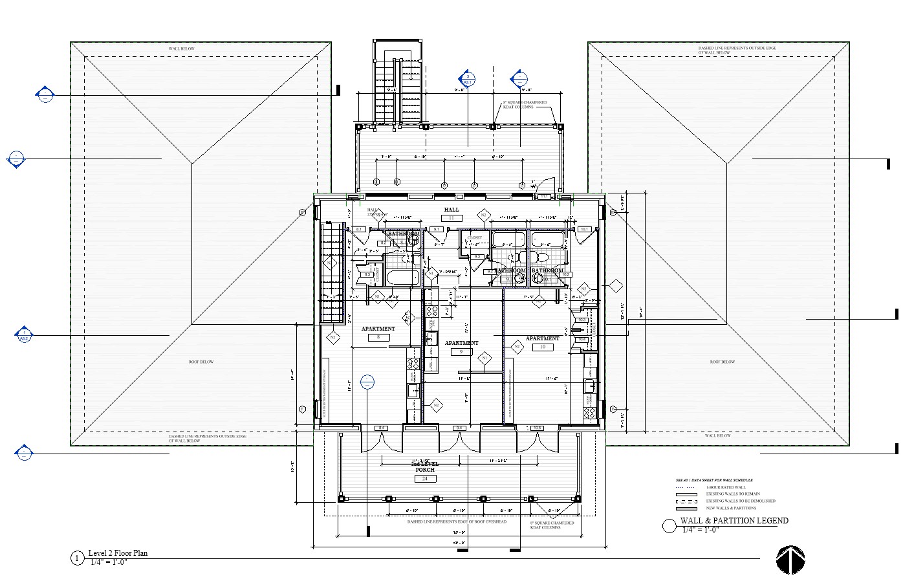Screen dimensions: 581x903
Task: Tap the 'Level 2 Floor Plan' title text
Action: (118, 553)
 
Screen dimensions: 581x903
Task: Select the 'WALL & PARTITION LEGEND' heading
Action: (734, 521)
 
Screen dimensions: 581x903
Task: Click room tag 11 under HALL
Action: (451, 219)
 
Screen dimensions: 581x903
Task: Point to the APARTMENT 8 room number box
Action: (378, 337)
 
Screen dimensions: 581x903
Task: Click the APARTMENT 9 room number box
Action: (461, 352)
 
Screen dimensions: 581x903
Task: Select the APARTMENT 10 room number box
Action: (542, 347)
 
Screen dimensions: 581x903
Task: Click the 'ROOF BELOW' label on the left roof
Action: (201, 362)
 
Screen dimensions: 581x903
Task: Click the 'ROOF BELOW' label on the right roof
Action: (722, 362)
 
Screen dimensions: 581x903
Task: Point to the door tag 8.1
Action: (359, 229)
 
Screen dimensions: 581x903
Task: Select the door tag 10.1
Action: (583, 229)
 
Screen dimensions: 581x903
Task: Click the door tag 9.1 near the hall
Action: (437, 229)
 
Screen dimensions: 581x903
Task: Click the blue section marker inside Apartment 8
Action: (367, 382)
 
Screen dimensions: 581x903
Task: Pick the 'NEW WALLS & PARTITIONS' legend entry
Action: (731, 509)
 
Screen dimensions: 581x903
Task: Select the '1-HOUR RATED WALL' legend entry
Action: (726, 487)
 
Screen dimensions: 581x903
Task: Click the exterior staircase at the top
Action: (398, 84)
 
